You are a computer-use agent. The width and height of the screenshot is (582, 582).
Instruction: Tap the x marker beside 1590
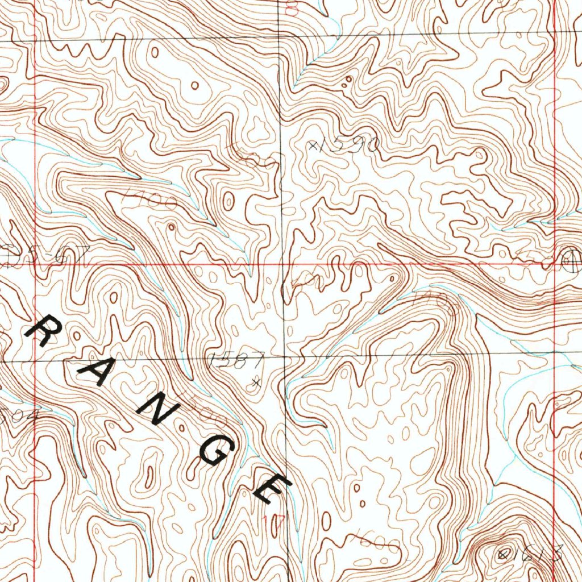click(313, 146)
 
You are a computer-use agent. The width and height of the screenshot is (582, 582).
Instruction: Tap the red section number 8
click(292, 8)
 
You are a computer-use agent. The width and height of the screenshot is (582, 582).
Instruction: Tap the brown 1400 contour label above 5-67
click(149, 198)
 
